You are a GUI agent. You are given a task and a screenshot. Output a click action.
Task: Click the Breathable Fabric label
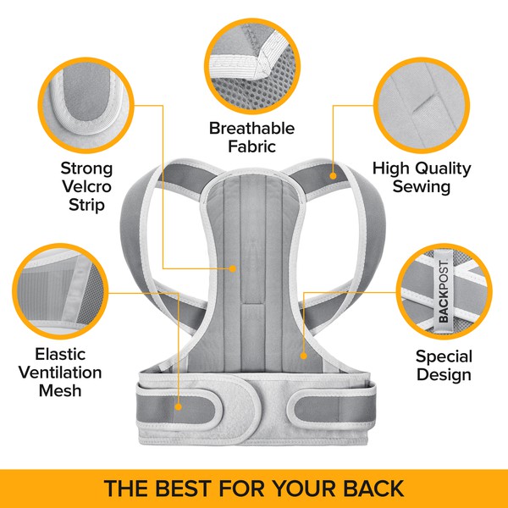(x=251, y=137)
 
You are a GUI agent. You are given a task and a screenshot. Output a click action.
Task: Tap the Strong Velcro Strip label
(x=86, y=186)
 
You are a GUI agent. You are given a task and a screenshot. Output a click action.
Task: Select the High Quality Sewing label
(x=422, y=178)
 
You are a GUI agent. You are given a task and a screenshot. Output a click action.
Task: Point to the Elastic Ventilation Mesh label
(x=60, y=373)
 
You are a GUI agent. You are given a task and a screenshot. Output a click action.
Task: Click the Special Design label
(x=444, y=366)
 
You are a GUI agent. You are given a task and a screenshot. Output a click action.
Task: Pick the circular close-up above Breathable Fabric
(x=252, y=66)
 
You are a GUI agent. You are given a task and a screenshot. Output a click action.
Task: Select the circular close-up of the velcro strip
(x=86, y=105)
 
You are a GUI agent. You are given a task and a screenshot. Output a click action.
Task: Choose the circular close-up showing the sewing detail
(x=422, y=105)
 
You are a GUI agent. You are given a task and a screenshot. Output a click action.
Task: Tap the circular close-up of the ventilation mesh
(x=60, y=291)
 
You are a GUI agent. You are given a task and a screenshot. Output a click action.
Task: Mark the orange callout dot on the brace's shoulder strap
(x=333, y=176)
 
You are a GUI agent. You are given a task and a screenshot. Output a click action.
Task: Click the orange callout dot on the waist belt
(x=178, y=407)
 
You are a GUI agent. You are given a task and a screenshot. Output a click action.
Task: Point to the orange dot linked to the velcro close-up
(x=232, y=268)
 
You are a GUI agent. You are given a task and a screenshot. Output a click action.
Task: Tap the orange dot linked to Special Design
(x=303, y=356)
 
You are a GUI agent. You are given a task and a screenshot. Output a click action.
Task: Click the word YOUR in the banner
(x=305, y=488)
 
